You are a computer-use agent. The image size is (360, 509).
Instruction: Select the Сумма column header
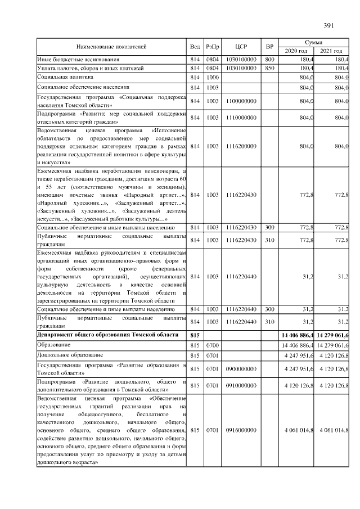click(313, 42)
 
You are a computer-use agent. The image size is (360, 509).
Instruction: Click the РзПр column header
click(213, 47)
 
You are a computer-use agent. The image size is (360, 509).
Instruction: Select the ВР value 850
click(269, 67)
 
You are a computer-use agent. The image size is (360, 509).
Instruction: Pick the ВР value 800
click(269, 59)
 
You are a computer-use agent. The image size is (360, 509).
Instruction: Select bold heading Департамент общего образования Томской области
click(107, 335)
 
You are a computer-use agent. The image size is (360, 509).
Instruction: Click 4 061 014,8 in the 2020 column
click(296, 430)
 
